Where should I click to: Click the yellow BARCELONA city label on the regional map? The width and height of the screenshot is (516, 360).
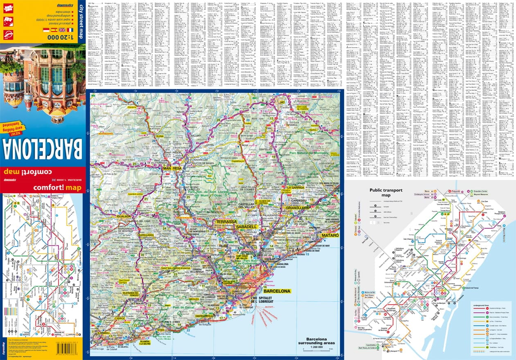(277, 291)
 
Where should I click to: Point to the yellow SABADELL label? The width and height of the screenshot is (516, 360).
(246, 226)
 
